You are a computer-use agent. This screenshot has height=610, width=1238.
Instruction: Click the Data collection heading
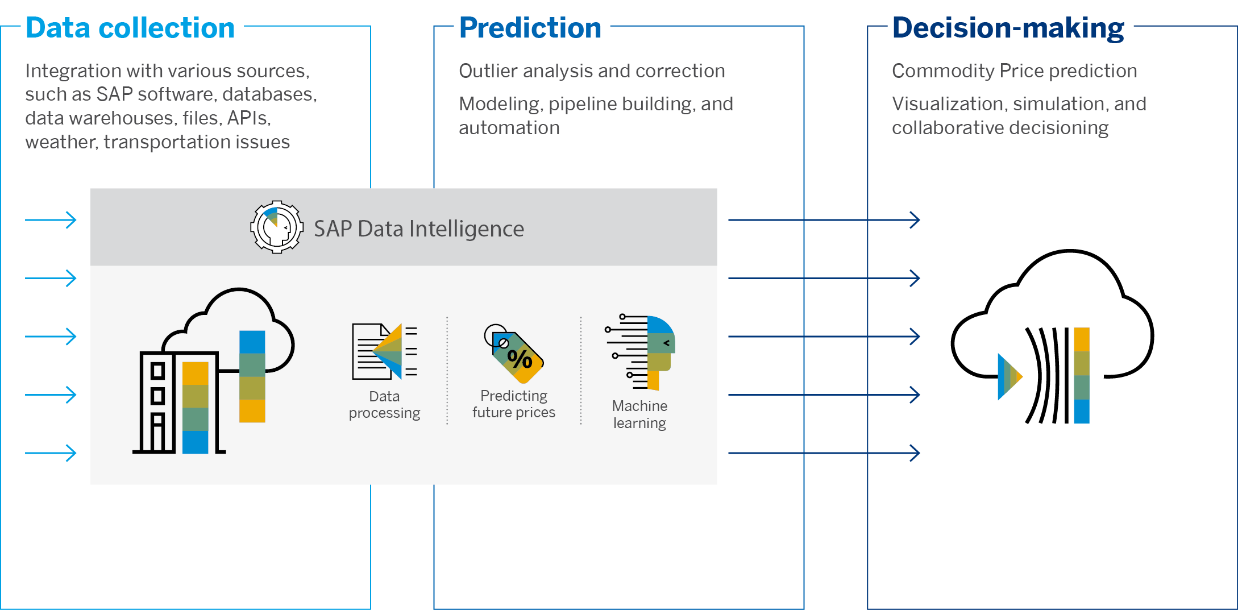[x=130, y=28]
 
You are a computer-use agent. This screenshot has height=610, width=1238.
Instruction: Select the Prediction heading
[x=530, y=28]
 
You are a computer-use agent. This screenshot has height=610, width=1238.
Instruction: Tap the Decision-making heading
[x=1008, y=28]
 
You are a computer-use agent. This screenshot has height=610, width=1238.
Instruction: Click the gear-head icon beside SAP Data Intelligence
[x=276, y=227]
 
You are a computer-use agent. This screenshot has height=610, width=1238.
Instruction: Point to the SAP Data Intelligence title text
[x=419, y=229]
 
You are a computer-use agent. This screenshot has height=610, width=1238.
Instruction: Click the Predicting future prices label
[x=514, y=404]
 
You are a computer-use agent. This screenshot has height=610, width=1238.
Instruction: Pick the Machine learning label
[x=639, y=414]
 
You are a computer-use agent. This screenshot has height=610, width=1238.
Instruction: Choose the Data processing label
[x=384, y=404]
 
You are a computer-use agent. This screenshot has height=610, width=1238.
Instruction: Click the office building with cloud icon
[x=213, y=372]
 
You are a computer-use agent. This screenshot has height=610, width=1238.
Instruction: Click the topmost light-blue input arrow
[x=51, y=220]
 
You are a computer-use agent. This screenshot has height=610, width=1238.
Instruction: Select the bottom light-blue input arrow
[x=51, y=453]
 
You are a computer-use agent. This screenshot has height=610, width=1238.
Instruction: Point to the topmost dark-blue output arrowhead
[x=915, y=220]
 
